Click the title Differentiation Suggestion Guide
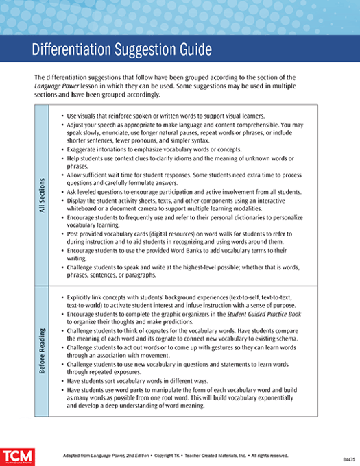point(122,51)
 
